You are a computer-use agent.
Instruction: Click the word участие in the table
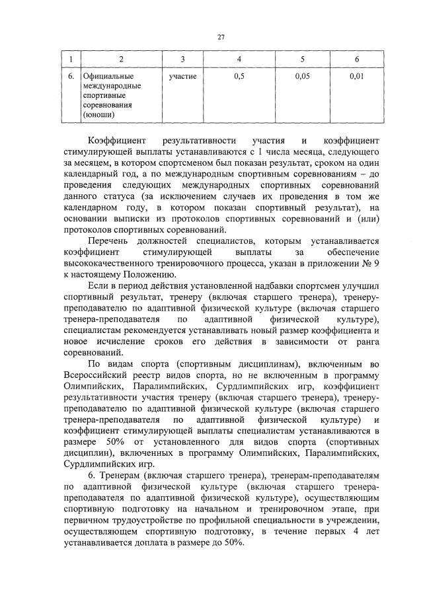(x=182, y=77)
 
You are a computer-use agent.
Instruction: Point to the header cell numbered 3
(x=182, y=60)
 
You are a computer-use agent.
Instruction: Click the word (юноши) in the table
(x=98, y=114)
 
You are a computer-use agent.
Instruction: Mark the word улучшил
(x=363, y=285)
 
